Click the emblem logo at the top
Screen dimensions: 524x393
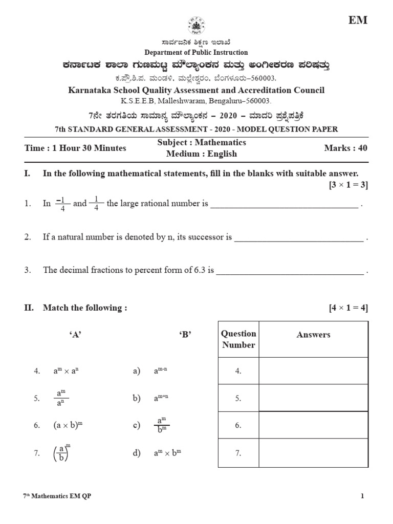[x=196, y=26]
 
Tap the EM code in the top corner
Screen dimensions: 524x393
[x=358, y=20]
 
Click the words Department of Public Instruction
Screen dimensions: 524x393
[x=196, y=52]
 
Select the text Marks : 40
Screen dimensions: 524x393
[x=345, y=148]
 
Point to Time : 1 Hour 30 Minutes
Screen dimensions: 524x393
[x=75, y=148]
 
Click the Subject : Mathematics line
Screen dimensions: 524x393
[x=202, y=142]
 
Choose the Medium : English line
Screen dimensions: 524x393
[x=202, y=154]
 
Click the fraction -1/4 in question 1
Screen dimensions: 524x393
[x=61, y=204]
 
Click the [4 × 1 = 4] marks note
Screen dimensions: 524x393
[x=348, y=308]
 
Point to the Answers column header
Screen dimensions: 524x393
[x=313, y=335]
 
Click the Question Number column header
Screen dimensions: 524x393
[x=238, y=339]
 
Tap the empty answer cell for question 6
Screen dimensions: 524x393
[x=313, y=425]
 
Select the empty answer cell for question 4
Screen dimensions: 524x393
[x=313, y=371]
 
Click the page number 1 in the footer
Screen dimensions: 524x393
[x=362, y=496]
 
